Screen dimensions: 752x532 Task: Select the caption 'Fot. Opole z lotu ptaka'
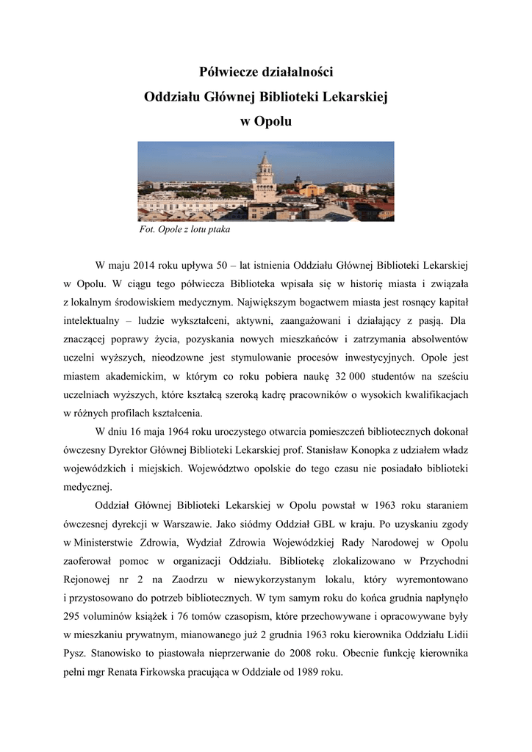pyautogui.click(x=184, y=230)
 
